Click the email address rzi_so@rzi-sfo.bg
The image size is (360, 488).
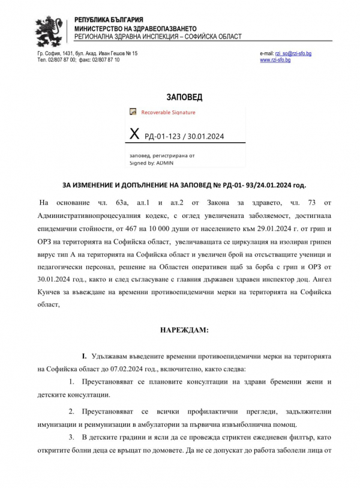(293, 53)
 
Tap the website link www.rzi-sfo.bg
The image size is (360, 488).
(275, 60)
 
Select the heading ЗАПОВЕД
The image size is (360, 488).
(184, 97)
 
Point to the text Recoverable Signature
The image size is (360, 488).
(168, 112)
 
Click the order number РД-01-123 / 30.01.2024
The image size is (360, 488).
(184, 136)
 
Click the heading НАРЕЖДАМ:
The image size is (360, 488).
(184, 330)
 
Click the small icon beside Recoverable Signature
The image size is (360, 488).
(134, 112)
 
